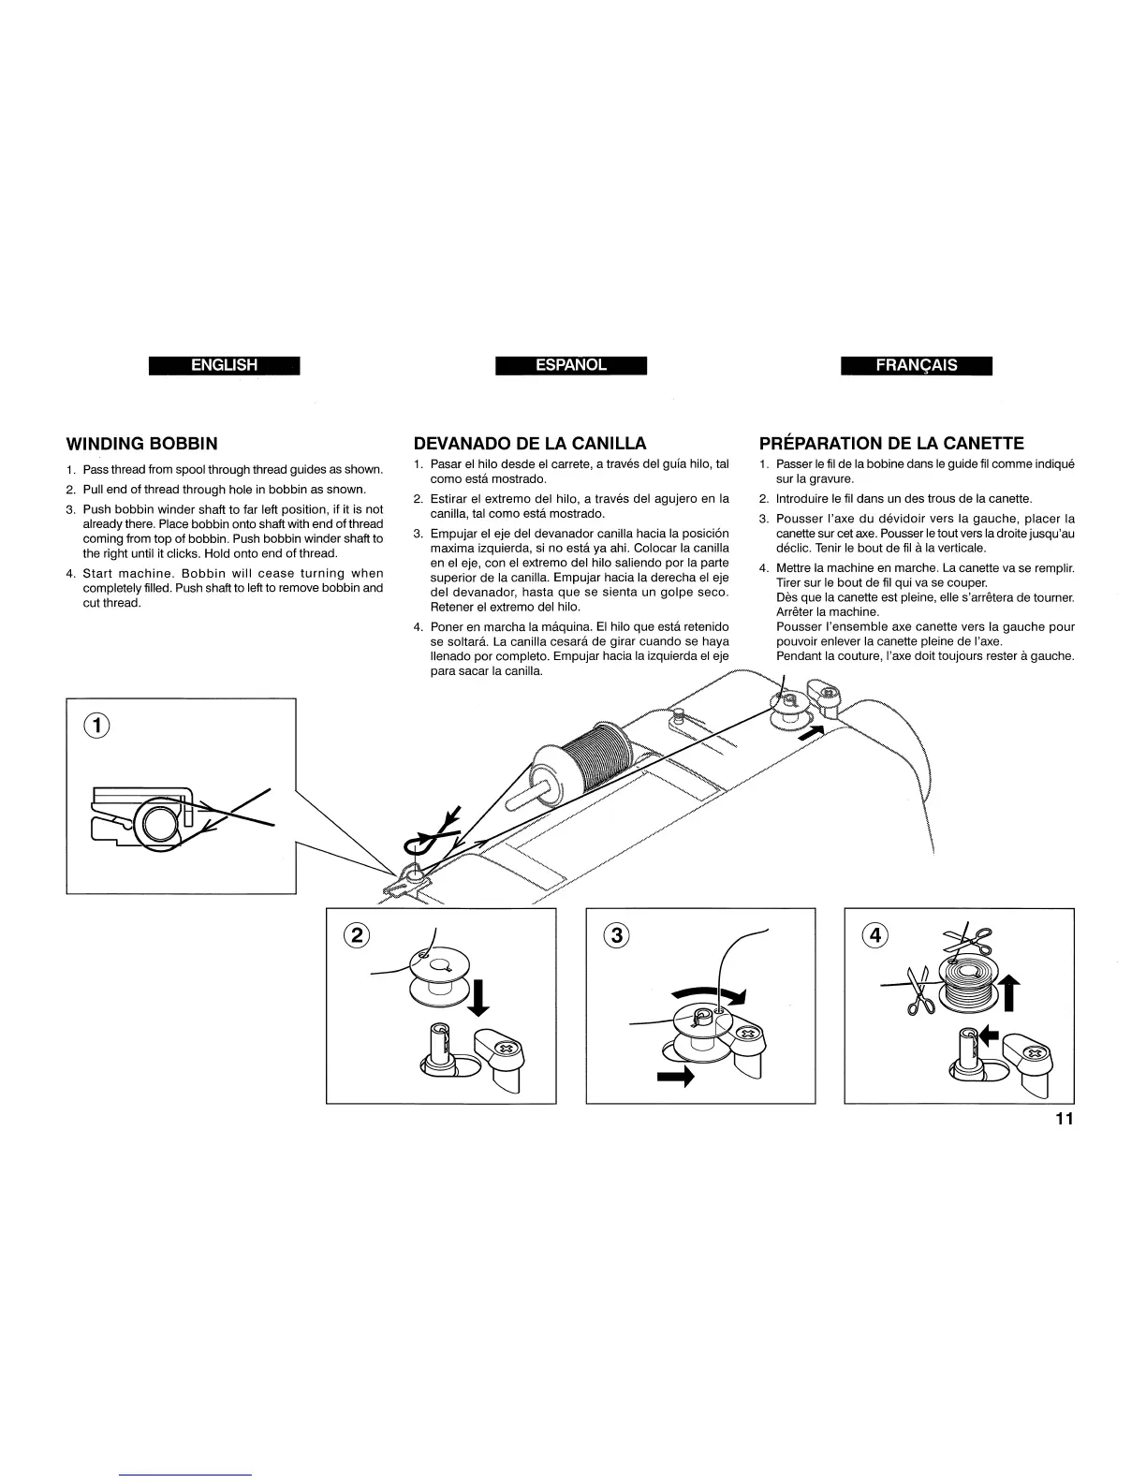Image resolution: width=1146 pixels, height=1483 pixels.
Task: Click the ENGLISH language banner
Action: click(224, 365)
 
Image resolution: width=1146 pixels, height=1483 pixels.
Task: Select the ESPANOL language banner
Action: click(571, 365)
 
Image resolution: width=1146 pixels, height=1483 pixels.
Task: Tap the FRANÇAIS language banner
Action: click(917, 365)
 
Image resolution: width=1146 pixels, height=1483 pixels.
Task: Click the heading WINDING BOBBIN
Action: click(141, 443)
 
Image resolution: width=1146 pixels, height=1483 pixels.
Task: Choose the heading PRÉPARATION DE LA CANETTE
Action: click(891, 443)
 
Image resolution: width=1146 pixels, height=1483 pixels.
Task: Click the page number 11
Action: click(1063, 1120)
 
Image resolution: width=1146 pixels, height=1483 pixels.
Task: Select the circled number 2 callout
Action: click(357, 934)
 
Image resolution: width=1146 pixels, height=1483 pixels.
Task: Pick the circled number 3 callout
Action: click(615, 934)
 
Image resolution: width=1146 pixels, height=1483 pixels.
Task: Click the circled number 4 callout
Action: click(874, 934)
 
